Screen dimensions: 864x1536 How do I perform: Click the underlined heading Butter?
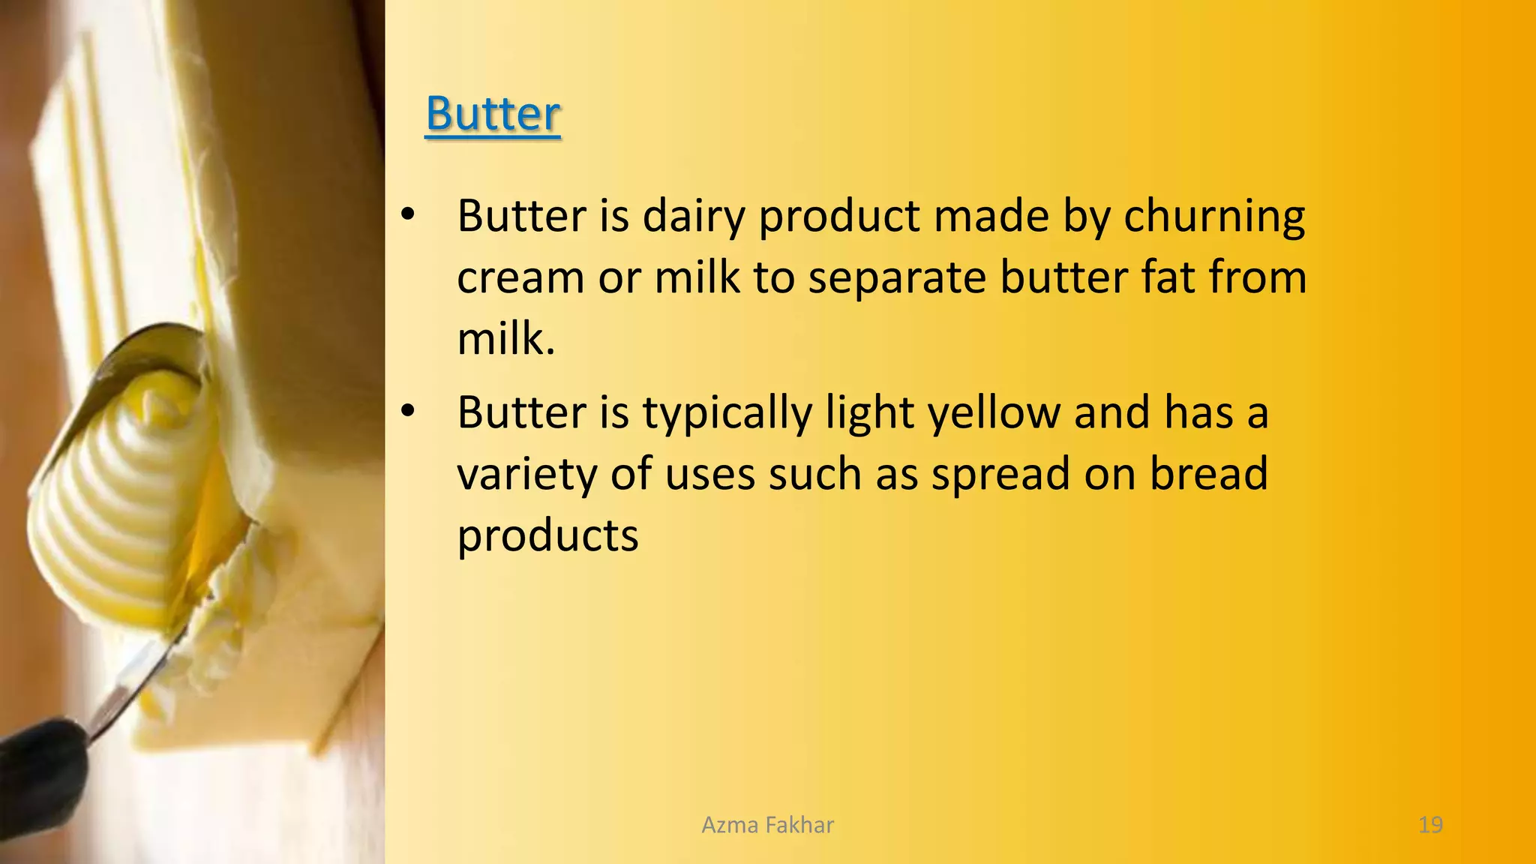tap(493, 114)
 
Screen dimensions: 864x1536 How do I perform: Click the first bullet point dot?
tap(407, 215)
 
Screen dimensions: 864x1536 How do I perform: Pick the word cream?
tap(520, 278)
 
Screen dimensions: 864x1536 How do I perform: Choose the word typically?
tap(727, 413)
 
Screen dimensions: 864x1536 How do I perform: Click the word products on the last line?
tap(547, 536)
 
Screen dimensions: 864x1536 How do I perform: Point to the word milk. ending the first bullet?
tap(505, 339)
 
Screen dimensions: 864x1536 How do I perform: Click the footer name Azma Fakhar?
tap(767, 825)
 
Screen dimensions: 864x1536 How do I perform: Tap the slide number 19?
tap(1430, 825)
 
